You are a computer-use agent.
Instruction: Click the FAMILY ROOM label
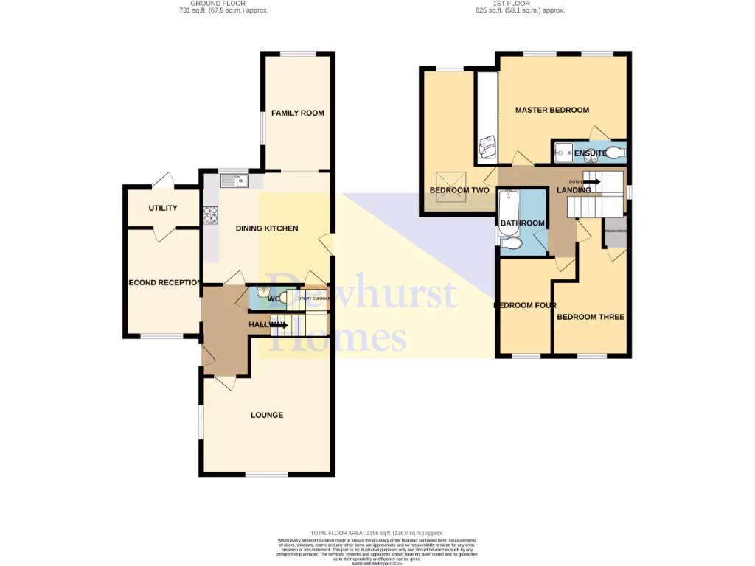297,113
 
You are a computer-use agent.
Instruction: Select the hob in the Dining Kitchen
211,214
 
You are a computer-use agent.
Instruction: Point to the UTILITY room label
163,208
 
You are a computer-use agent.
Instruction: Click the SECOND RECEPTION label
163,283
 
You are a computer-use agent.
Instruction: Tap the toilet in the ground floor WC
283,298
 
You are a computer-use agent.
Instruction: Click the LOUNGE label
267,415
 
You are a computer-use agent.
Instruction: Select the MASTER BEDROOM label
552,110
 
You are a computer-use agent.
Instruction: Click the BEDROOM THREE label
591,317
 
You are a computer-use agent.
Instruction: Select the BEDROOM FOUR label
524,305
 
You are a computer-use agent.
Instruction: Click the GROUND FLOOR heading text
218,4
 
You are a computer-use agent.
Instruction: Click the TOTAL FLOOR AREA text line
376,532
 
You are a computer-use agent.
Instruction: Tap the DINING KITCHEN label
267,228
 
